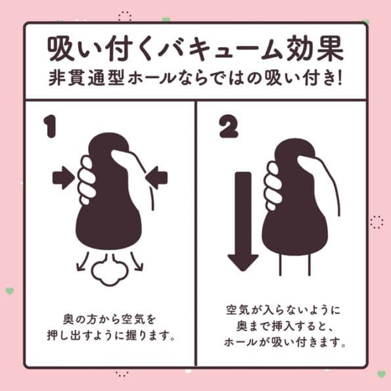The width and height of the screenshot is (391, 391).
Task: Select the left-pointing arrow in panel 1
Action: coord(158,177)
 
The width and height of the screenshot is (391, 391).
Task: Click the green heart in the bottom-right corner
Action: coord(381,374)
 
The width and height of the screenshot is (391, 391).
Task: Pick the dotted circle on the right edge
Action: coord(376,222)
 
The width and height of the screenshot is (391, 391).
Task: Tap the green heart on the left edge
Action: coord(9,290)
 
